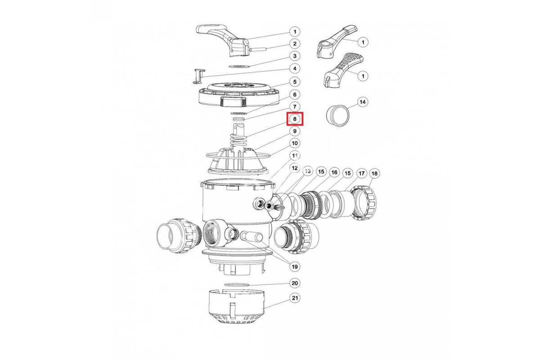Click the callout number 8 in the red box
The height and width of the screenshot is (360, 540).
[x=295, y=119]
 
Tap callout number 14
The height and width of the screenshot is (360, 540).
[x=363, y=102]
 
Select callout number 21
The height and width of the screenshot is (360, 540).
[x=295, y=298]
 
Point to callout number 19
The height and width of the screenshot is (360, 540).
[x=295, y=267]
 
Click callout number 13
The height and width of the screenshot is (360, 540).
[x=308, y=171]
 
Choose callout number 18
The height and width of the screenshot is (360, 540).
[x=374, y=173]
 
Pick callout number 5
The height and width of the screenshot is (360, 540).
[x=295, y=82]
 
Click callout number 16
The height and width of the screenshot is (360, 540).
[x=334, y=172]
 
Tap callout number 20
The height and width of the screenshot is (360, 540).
[x=295, y=283]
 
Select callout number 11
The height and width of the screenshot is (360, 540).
[x=295, y=156]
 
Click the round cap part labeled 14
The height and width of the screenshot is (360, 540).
[x=338, y=116]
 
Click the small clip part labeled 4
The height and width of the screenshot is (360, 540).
[x=199, y=76]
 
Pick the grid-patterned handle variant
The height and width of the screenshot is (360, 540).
[x=343, y=70]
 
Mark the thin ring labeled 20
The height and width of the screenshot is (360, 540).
[x=237, y=284]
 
